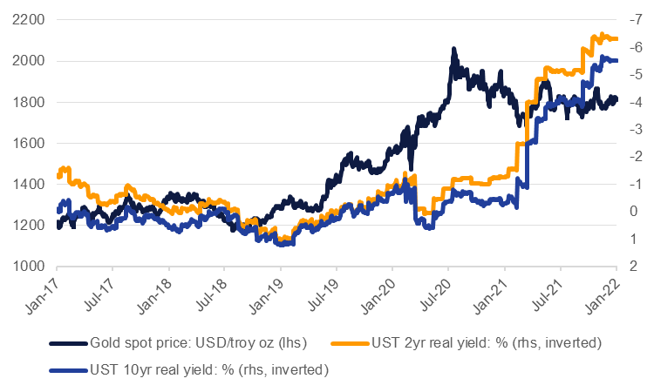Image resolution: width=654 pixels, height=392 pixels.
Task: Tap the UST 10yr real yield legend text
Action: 208,369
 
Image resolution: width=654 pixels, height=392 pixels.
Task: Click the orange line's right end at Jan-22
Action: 616,38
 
